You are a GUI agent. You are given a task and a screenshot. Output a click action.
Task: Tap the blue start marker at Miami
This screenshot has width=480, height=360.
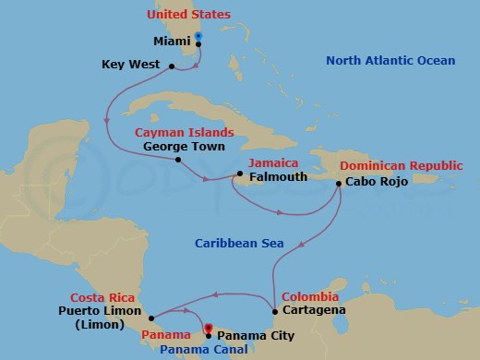point(198,38)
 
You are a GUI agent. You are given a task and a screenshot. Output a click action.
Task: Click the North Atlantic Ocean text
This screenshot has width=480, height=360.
point(390,61)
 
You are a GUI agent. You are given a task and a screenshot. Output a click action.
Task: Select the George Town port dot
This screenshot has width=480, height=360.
point(177,158)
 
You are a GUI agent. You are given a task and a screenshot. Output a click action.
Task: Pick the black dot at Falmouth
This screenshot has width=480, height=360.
point(239,174)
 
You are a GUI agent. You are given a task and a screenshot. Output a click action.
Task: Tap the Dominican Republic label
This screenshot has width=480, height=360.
point(401,165)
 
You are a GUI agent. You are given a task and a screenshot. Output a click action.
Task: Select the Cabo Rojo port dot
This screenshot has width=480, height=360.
point(339,183)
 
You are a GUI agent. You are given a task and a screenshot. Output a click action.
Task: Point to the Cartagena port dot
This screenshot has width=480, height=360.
point(275,311)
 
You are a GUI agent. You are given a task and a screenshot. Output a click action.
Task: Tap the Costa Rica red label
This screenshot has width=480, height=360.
point(106,298)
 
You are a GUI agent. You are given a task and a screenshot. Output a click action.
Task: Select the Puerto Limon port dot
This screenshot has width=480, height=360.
point(150,312)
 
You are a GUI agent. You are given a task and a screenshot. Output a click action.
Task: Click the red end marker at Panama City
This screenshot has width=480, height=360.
point(209,328)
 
